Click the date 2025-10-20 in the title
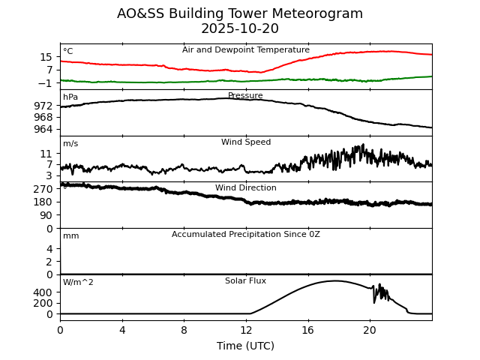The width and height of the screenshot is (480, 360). pos(240,29)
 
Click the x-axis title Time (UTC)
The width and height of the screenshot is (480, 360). pos(246,346)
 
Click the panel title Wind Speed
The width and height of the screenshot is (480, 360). pos(246,142)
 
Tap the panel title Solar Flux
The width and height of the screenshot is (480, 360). pos(246,281)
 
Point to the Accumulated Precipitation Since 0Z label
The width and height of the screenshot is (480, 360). pos(246,235)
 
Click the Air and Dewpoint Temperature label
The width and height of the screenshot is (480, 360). pos(246,50)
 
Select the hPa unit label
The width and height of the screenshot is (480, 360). pos(70,97)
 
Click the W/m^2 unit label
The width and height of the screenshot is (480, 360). pos(78,283)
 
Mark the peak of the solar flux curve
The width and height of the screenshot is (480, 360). pos(334,281)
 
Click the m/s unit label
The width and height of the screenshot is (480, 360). pos(70,144)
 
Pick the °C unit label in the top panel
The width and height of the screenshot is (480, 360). pos(68,52)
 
